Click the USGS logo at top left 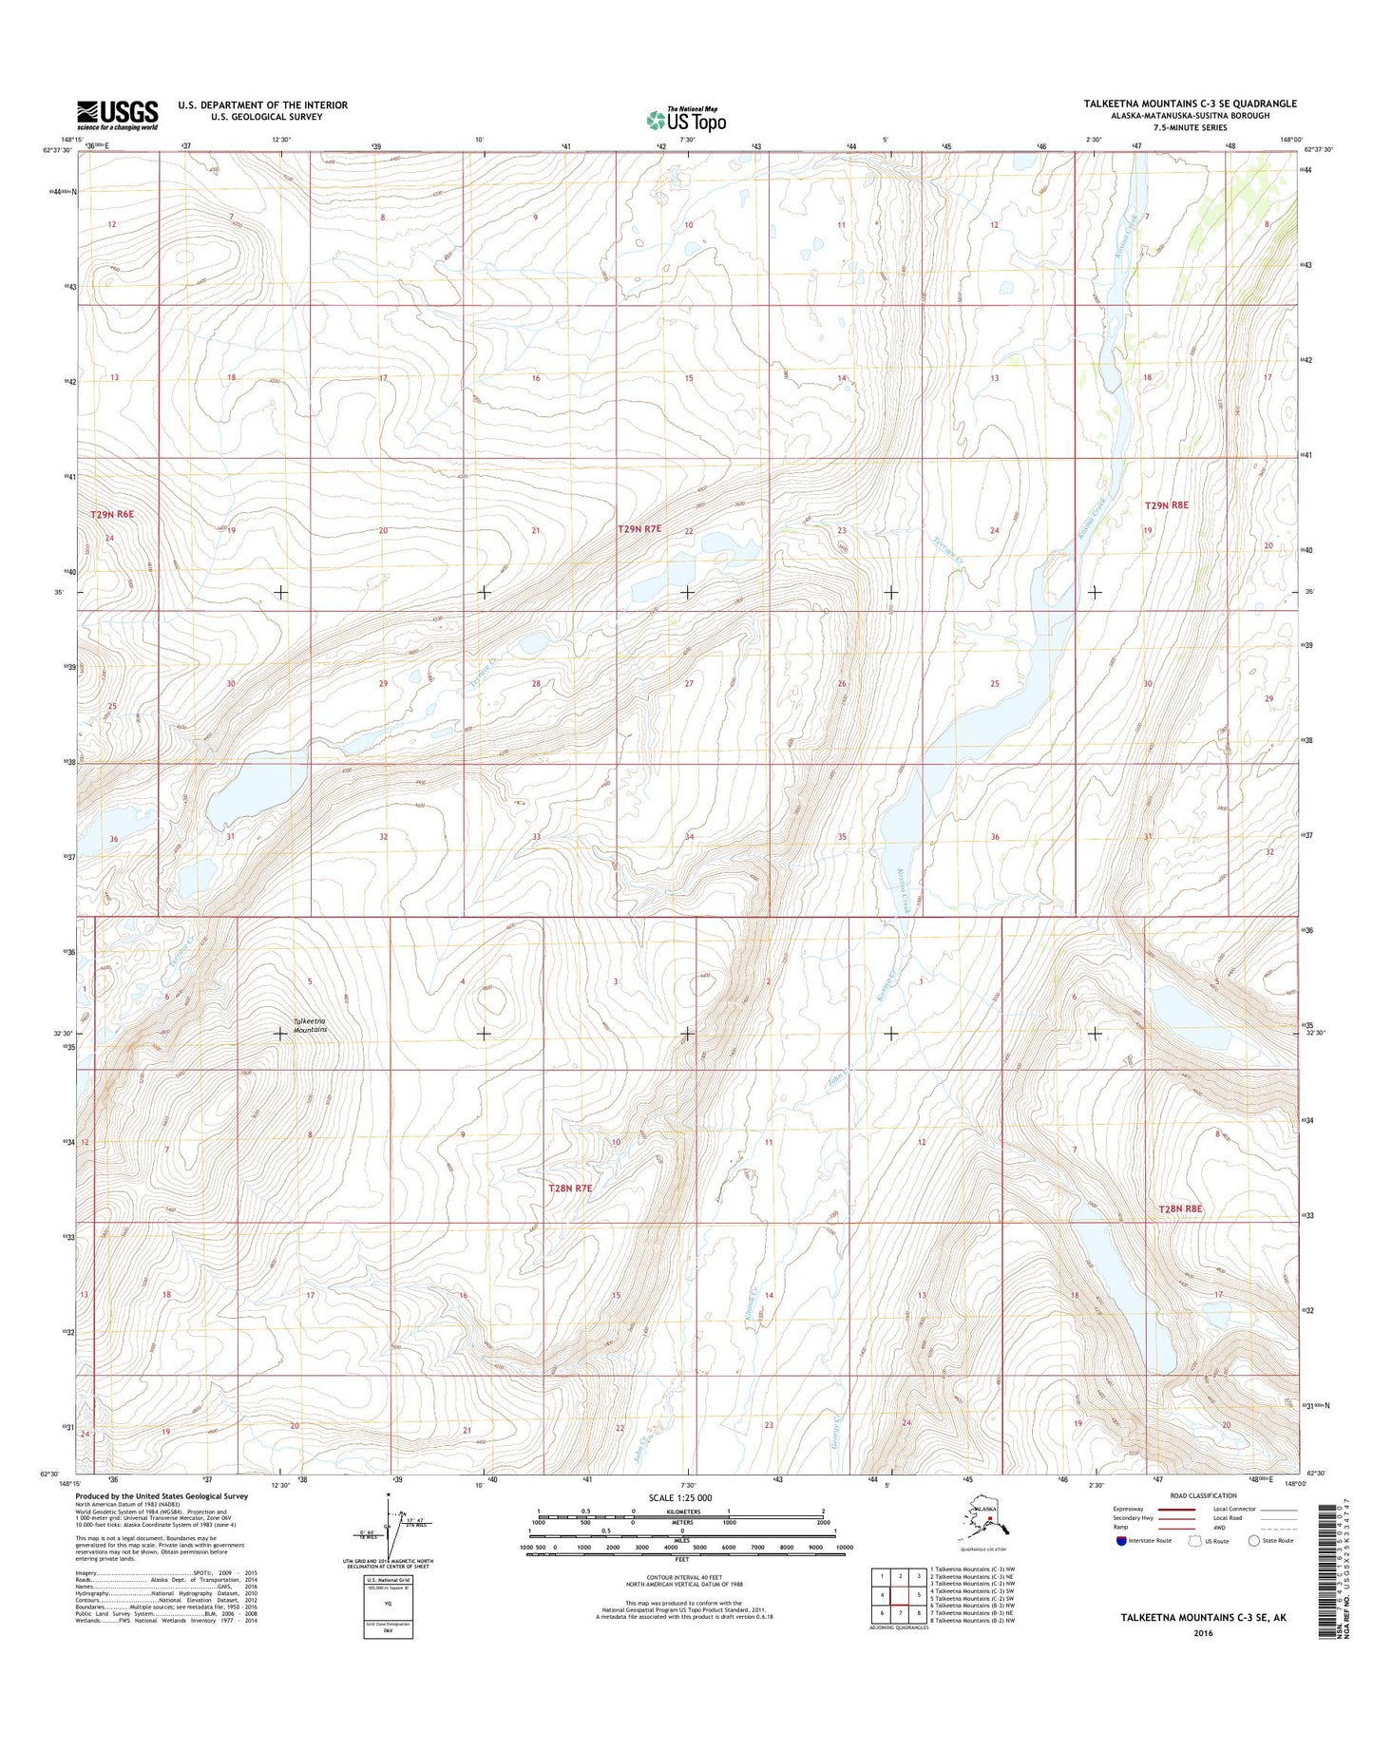pyautogui.click(x=117, y=114)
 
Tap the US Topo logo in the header pyautogui.click(x=686, y=119)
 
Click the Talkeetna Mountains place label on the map pyautogui.click(x=310, y=1025)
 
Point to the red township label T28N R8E pyautogui.click(x=1180, y=1208)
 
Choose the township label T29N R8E pyautogui.click(x=1167, y=505)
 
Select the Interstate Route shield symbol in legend pyautogui.click(x=1122, y=1541)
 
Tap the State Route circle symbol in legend pyautogui.click(x=1254, y=1540)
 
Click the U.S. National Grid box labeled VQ pyautogui.click(x=388, y=1601)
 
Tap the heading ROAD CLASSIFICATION pyautogui.click(x=1203, y=1495)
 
